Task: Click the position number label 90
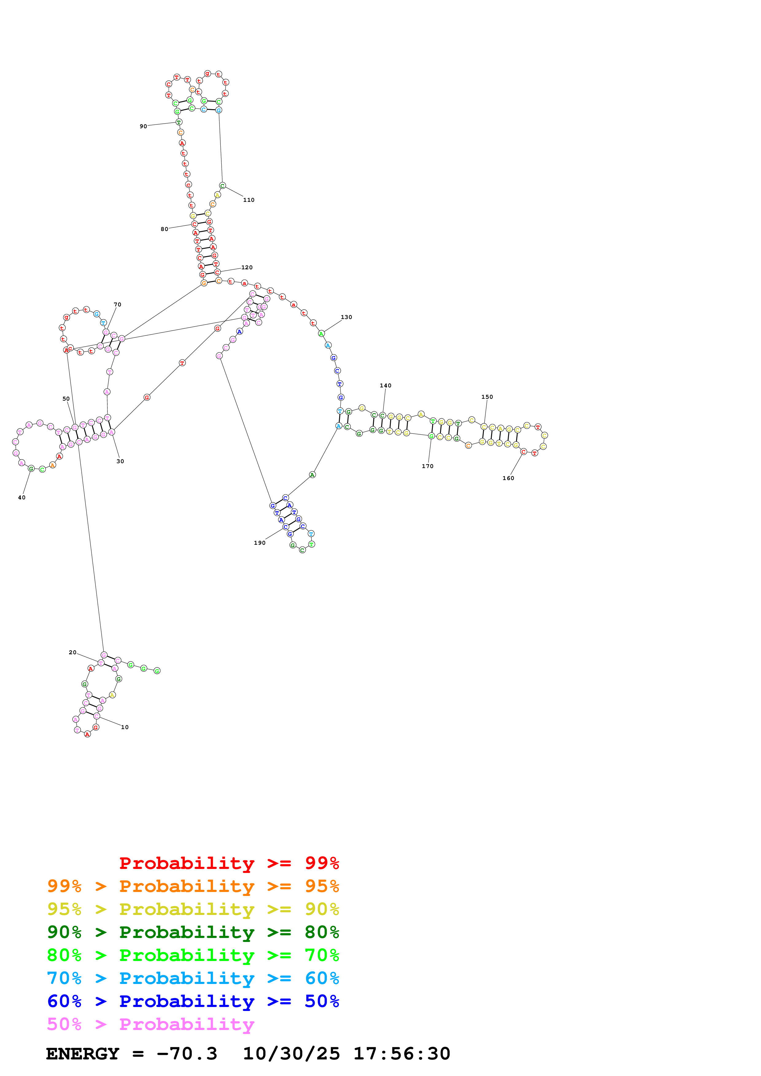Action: [143, 127]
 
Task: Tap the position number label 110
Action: [249, 200]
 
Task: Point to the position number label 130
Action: [346, 317]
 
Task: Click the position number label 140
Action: [386, 386]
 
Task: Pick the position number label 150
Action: [487, 397]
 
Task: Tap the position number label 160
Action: [508, 478]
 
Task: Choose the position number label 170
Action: [428, 466]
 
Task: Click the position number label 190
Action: [260, 543]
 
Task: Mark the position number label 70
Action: [117, 305]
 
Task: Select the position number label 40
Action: [21, 498]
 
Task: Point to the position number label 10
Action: [125, 727]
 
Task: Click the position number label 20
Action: [72, 652]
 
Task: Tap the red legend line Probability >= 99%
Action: [229, 863]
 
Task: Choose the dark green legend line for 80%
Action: [193, 932]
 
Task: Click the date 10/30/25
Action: [291, 1054]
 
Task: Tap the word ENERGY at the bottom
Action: [83, 1054]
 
